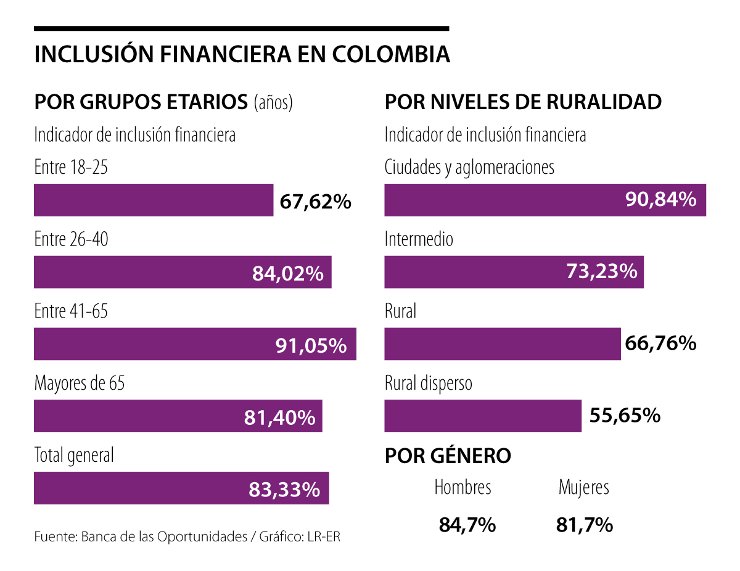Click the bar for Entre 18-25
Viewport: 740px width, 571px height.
coord(154,200)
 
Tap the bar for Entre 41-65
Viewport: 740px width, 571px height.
coord(195,344)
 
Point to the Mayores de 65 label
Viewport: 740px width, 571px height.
coord(80,384)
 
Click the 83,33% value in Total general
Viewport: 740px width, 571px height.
coord(284,490)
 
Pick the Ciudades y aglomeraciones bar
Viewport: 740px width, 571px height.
coord(545,200)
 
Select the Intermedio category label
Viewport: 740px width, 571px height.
coord(419,239)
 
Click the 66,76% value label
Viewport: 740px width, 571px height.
coord(660,343)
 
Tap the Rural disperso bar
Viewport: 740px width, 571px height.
coord(483,416)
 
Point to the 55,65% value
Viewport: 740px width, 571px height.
coord(625,415)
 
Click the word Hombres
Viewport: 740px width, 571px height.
coord(463,487)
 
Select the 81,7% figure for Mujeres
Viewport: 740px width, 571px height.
coord(584,525)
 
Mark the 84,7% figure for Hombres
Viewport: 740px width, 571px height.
coord(467,525)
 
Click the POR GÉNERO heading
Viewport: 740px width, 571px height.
coord(448,456)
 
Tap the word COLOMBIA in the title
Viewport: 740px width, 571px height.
coord(392,54)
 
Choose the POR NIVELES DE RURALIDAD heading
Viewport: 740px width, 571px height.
coord(523,102)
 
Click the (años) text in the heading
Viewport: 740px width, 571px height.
coord(273,102)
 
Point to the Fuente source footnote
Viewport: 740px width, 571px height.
coord(187,536)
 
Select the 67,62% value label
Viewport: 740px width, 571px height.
coord(315,201)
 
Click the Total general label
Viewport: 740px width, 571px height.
coord(74,456)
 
